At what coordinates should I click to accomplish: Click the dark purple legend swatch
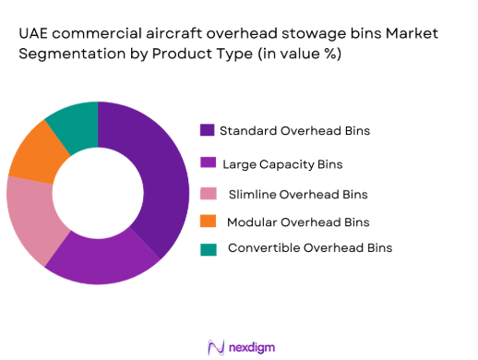207,130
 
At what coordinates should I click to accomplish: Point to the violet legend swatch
207,163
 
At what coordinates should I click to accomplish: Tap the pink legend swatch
207,194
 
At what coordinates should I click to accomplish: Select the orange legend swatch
207,222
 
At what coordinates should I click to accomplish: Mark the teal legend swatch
207,248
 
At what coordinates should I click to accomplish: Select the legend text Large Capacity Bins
282,163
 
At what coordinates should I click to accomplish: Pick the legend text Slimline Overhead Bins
297,194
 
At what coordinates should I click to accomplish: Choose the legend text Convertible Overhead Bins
309,248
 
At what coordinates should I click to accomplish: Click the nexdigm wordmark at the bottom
253,346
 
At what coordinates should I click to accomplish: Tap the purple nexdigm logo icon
217,346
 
